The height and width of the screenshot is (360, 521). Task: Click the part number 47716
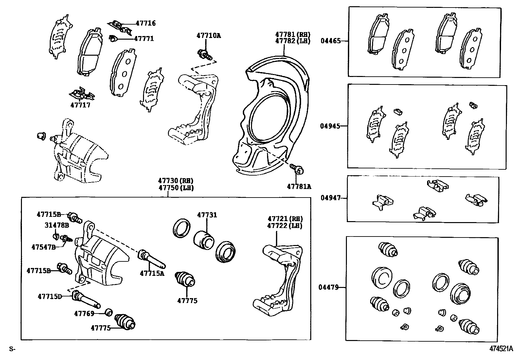(x=146, y=23)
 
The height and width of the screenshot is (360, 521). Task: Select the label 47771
(x=144, y=39)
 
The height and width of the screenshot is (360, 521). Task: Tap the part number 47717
(x=80, y=105)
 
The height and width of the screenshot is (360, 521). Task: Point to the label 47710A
(x=208, y=35)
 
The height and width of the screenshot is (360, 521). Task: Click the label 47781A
(x=299, y=186)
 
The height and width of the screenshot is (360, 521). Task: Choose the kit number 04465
(x=331, y=41)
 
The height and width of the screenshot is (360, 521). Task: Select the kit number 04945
(x=330, y=126)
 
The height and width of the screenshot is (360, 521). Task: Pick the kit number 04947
(x=331, y=198)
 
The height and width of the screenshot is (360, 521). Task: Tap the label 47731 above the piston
(x=207, y=215)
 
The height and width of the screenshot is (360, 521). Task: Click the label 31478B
(x=57, y=225)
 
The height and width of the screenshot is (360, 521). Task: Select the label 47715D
(x=50, y=296)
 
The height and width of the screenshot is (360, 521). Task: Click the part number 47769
(x=84, y=313)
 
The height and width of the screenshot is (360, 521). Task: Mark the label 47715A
(x=152, y=273)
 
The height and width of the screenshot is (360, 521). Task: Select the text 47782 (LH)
(x=293, y=41)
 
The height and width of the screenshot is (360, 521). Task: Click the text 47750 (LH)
(x=176, y=188)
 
